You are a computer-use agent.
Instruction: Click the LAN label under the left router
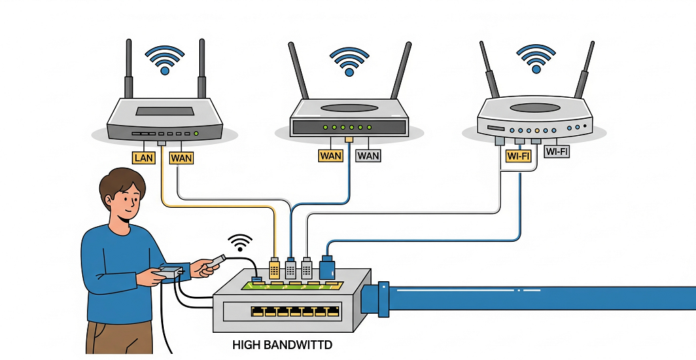click(144, 158)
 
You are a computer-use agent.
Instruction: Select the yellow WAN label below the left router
click(181, 158)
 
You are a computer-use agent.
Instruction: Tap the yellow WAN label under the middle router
click(330, 156)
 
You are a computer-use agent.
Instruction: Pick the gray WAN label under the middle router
click(368, 156)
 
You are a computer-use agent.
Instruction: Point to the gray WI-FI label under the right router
click(557, 152)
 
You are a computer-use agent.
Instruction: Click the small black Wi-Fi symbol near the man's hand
click(239, 240)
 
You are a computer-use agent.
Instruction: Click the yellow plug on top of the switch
click(275, 268)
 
